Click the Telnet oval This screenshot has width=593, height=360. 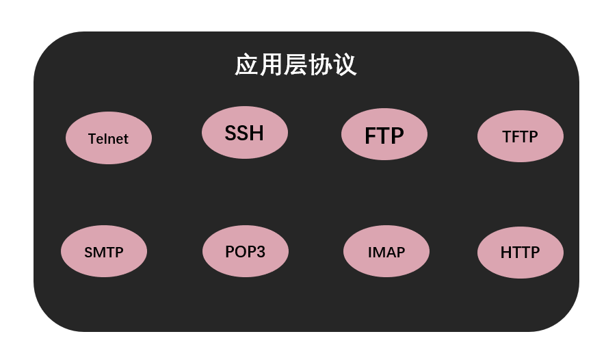click(108, 138)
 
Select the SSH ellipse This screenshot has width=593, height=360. click(244, 132)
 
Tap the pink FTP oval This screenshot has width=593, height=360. click(384, 134)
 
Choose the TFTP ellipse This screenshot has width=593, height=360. click(520, 136)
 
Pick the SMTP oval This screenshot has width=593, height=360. click(103, 251)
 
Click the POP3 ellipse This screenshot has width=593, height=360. click(245, 251)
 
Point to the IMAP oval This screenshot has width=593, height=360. click(386, 251)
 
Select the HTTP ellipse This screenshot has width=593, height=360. click(520, 252)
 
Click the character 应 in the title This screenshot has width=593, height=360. click(246, 65)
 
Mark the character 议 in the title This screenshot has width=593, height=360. click(345, 65)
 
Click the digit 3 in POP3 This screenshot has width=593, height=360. click(260, 252)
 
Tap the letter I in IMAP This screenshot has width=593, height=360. click(370, 252)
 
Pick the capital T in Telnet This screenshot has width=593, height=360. click(92, 139)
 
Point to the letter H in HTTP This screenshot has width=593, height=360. click(506, 253)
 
